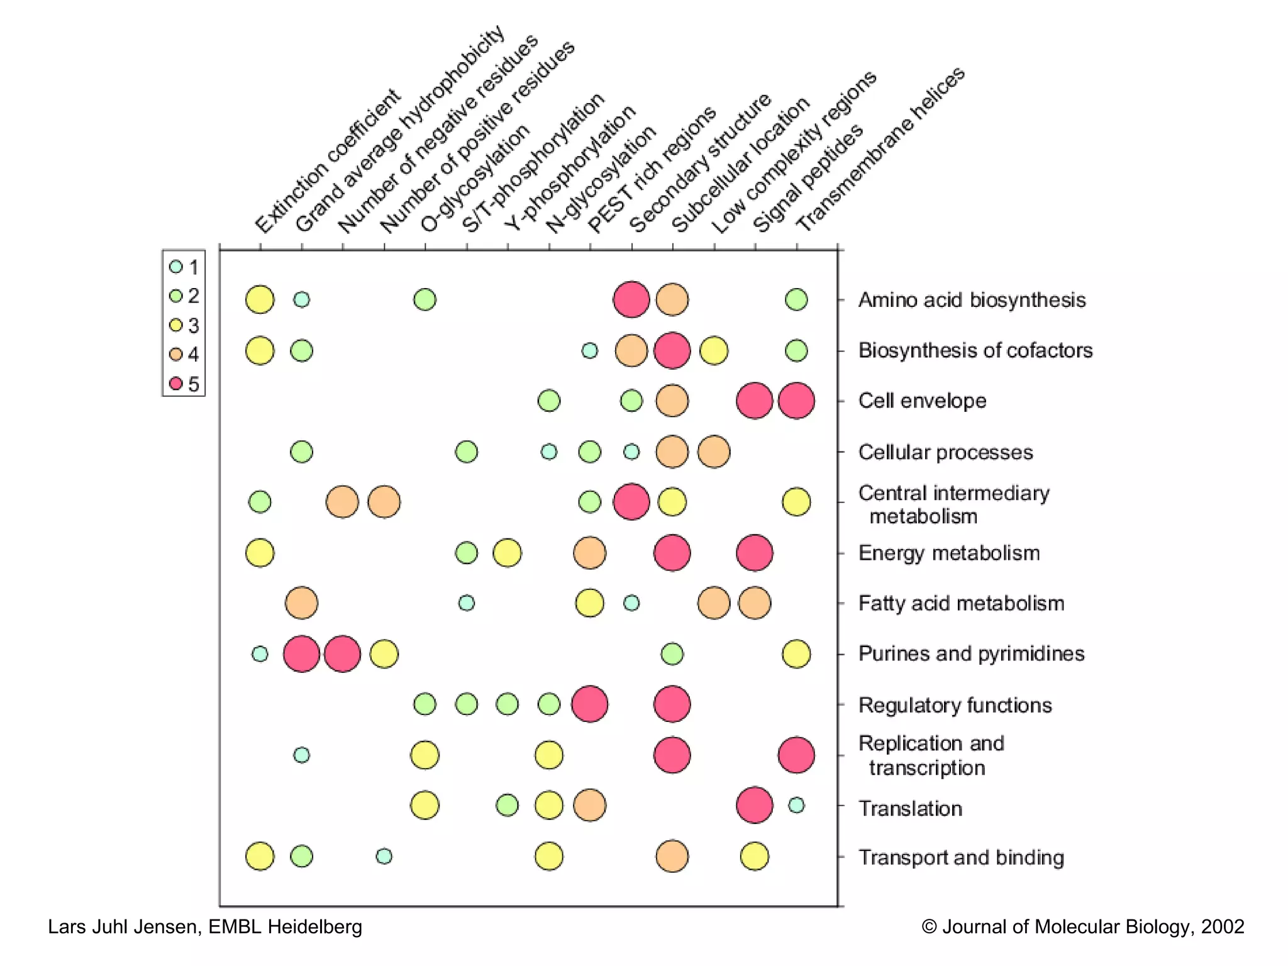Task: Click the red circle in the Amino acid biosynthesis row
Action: point(631,299)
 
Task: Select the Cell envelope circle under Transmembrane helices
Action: point(796,401)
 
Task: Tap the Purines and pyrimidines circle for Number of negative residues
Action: point(343,654)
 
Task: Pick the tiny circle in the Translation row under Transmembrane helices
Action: point(796,805)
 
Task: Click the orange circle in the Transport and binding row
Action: point(672,856)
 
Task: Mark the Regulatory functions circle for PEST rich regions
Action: point(589,704)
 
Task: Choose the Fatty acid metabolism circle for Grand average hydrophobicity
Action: point(301,603)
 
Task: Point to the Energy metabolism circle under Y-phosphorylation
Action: point(507,553)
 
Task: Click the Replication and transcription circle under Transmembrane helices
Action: point(796,755)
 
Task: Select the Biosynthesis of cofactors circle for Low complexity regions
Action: point(714,350)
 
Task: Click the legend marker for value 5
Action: point(176,383)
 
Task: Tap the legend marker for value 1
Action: point(176,267)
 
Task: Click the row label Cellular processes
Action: point(945,452)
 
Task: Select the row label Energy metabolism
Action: point(948,553)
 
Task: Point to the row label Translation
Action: point(910,808)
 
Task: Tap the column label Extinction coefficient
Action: point(327,160)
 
